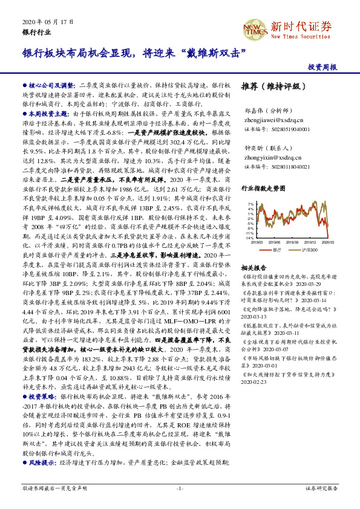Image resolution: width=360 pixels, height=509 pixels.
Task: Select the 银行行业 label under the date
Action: click(36, 31)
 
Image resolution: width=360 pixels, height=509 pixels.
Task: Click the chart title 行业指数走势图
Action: click(263, 189)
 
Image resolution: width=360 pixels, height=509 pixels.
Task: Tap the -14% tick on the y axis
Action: click(249, 238)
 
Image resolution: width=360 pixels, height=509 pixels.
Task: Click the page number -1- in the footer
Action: click(180, 487)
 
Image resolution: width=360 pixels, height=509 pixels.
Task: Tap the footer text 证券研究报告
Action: click(321, 487)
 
